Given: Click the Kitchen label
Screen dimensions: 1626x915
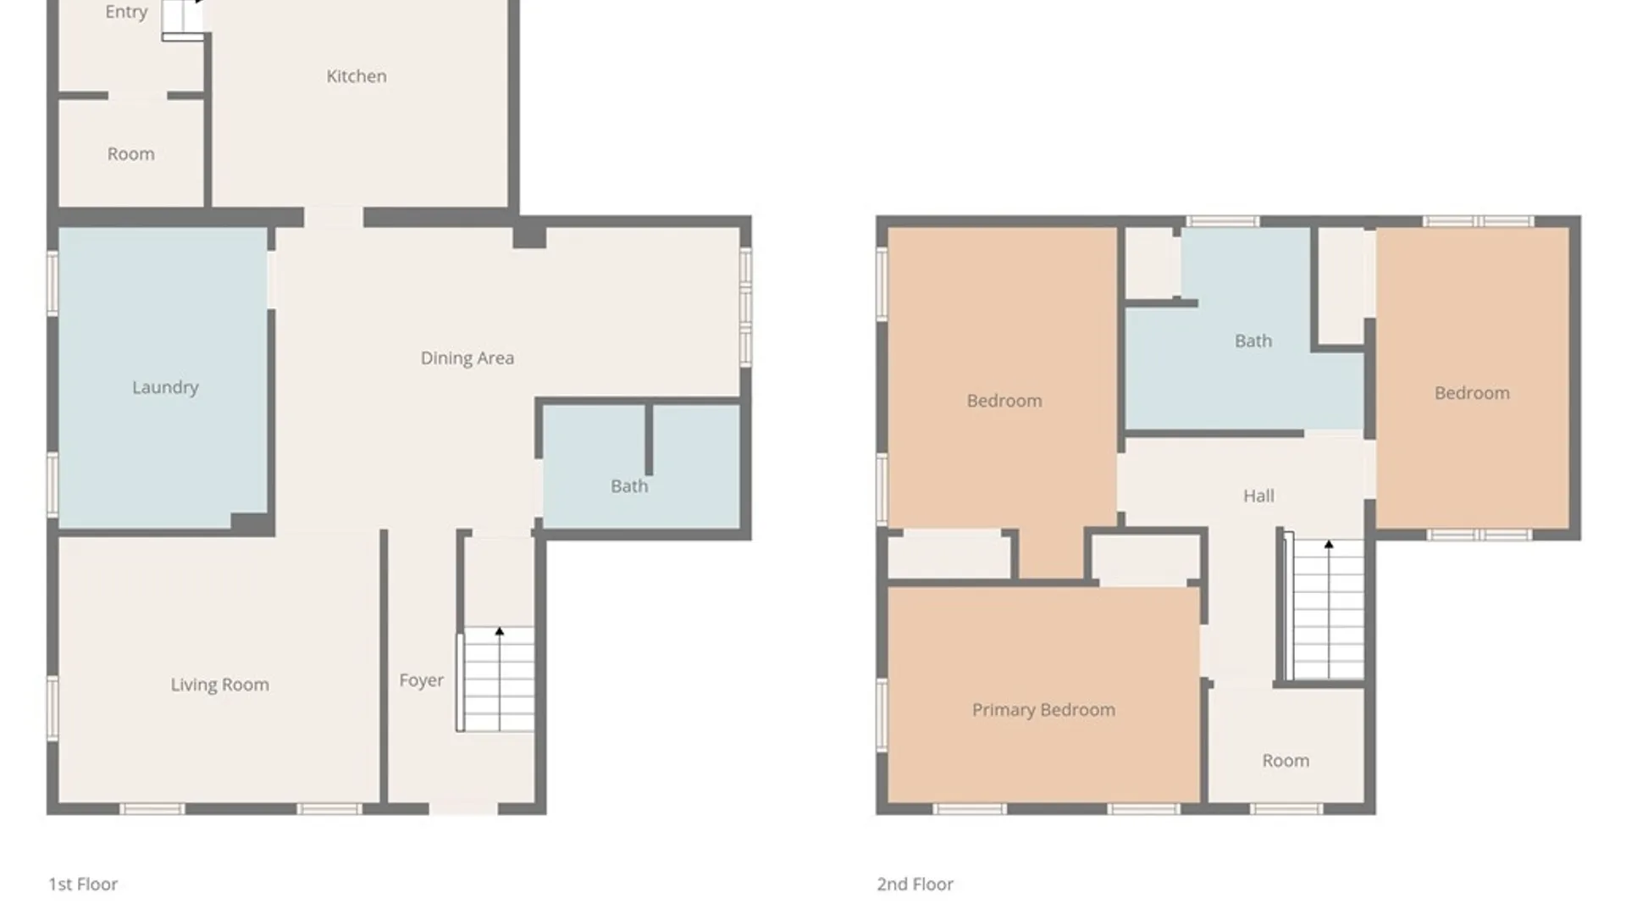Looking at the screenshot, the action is tap(357, 76).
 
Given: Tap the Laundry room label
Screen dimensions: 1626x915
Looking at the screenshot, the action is tap(165, 388).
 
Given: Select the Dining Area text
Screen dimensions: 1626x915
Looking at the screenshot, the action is tap(467, 358).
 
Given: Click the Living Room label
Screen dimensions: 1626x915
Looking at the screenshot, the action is tap(220, 685).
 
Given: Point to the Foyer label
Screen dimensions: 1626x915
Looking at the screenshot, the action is tap(421, 680).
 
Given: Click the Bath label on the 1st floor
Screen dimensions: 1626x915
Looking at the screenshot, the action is tap(629, 486).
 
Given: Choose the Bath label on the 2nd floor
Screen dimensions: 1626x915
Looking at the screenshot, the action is tap(1253, 341).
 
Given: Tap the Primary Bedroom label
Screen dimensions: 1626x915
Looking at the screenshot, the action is tap(1043, 710).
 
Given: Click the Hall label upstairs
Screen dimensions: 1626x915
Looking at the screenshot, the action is tap(1258, 496).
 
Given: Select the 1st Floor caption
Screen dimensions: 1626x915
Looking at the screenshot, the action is tap(83, 884).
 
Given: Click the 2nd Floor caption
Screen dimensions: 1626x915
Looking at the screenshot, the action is tap(915, 884).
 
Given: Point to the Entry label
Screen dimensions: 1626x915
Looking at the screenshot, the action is tap(126, 12).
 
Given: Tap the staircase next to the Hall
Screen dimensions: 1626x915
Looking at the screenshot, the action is tap(1325, 609).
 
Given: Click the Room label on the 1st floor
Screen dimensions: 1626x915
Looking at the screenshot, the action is tap(130, 154).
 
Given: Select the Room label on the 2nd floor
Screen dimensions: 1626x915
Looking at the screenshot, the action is tap(1286, 761).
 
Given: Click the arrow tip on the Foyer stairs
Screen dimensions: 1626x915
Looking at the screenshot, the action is tap(500, 629).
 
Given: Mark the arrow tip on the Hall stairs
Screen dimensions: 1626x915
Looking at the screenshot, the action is tap(1329, 542).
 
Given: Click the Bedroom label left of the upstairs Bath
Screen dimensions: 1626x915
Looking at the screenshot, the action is tap(1004, 401).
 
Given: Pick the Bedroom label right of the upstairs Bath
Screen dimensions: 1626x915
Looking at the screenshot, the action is tap(1472, 393).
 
